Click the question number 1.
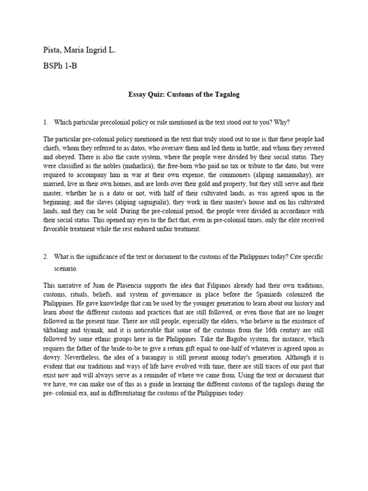[45, 122]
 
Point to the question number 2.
[45, 257]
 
